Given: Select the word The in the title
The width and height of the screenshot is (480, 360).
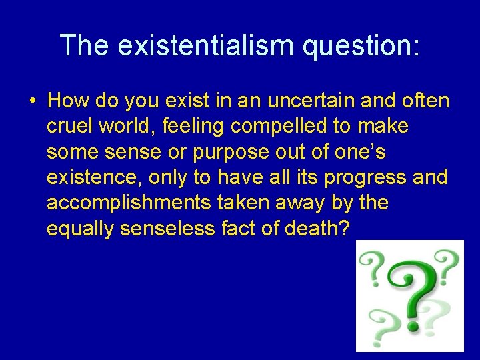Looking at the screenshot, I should (84, 45).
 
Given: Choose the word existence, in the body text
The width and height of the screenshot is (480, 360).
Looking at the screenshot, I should (94, 177).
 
